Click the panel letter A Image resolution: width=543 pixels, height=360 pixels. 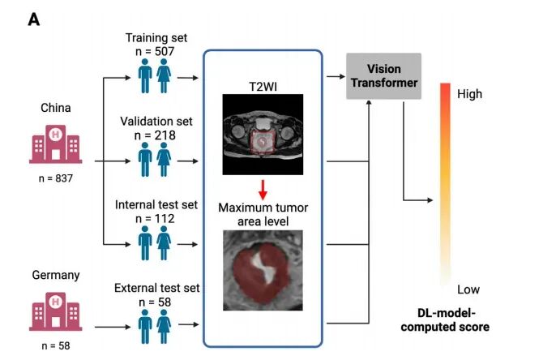pyautogui.click(x=33, y=19)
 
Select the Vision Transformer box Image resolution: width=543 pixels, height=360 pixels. pyautogui.click(x=383, y=76)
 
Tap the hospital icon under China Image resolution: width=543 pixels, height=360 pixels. pyautogui.click(x=55, y=144)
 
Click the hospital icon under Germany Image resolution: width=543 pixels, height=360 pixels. pyautogui.click(x=55, y=311)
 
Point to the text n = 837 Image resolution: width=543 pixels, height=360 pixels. pyautogui.click(x=56, y=178)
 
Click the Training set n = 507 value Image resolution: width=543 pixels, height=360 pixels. pyautogui.click(x=155, y=52)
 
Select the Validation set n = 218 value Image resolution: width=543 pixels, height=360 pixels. pyautogui.click(x=155, y=135)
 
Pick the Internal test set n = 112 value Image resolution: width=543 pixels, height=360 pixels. pyautogui.click(x=155, y=219)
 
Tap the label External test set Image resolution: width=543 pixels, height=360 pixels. pyautogui.click(x=157, y=288)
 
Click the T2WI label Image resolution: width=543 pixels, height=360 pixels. pyautogui.click(x=263, y=87)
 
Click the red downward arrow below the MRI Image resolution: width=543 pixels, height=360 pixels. pyautogui.click(x=263, y=190)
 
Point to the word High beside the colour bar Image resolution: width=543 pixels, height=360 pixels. pyautogui.click(x=469, y=94)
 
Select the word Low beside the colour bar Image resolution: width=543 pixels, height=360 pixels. pyautogui.click(x=468, y=289)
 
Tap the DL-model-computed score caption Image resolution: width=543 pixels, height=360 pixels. pyautogui.click(x=446, y=319)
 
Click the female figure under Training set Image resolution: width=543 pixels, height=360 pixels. pyautogui.click(x=164, y=76)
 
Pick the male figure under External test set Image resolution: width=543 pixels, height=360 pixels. pyautogui.click(x=145, y=327)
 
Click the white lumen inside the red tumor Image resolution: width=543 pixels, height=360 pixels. pyautogui.click(x=264, y=267)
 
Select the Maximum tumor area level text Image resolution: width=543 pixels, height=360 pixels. pyautogui.click(x=263, y=215)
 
